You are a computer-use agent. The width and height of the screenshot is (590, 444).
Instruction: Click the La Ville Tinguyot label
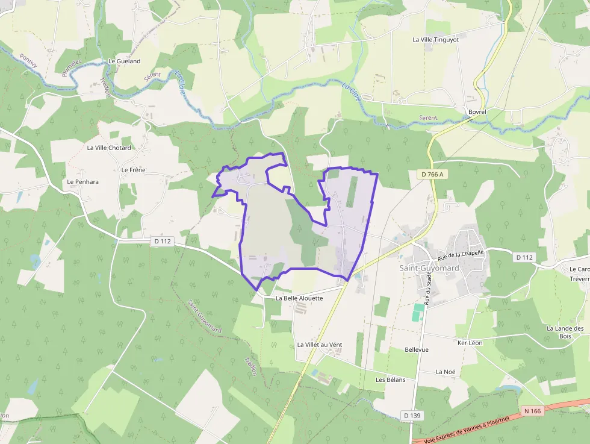435,40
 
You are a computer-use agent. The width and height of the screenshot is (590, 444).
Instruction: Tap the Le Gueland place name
124,61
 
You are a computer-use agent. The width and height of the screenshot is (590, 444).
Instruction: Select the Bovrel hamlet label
477,112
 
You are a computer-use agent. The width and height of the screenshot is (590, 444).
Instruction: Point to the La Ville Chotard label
109,148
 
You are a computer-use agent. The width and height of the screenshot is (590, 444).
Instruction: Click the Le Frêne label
133,170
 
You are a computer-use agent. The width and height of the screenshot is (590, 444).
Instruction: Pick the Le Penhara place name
82,181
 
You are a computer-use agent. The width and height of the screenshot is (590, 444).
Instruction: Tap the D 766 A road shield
432,175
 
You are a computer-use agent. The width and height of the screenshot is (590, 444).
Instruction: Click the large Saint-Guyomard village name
429,268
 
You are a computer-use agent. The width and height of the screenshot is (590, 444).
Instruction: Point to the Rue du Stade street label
429,289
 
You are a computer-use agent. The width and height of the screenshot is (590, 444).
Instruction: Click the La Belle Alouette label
299,298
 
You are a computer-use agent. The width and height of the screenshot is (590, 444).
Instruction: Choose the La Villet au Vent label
319,345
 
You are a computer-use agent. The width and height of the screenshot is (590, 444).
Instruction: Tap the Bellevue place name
417,349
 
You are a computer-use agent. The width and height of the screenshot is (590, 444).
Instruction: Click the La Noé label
446,372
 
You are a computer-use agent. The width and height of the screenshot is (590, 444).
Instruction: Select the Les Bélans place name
390,380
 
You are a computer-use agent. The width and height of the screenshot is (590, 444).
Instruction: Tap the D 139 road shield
412,415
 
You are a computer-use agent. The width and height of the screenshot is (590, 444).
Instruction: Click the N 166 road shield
533,411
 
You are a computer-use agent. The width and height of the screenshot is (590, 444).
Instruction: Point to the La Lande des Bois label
565,332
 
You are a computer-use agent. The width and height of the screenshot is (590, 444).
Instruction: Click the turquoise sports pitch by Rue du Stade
418,312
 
